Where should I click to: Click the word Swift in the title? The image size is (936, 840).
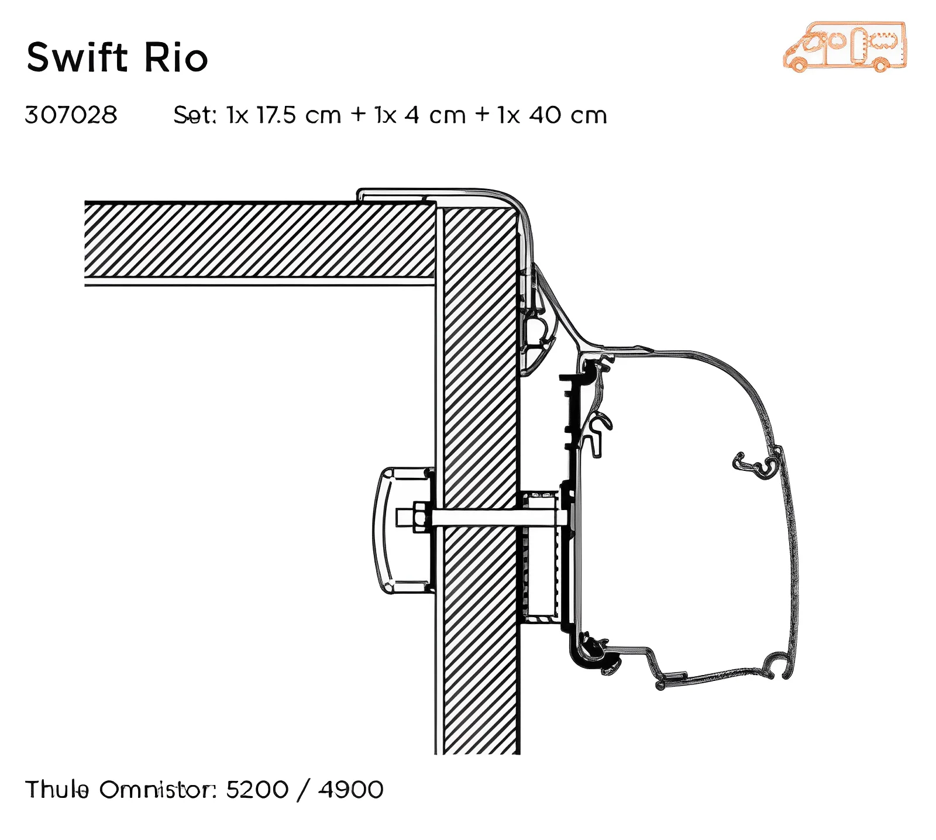click(77, 58)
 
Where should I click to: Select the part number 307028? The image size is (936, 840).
click(71, 115)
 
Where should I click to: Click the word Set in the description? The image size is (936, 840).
click(193, 115)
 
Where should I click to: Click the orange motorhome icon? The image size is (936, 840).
click(845, 47)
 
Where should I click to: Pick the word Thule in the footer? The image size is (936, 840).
click(57, 789)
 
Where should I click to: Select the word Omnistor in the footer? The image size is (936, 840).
click(157, 789)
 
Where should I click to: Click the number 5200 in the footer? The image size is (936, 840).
click(257, 789)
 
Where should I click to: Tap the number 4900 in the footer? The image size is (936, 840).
click(351, 789)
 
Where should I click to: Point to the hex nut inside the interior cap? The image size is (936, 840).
click(421, 517)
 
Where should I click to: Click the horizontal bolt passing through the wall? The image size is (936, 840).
click(497, 517)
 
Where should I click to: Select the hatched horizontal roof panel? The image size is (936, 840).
click(257, 240)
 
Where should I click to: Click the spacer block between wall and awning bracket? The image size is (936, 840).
click(540, 556)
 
